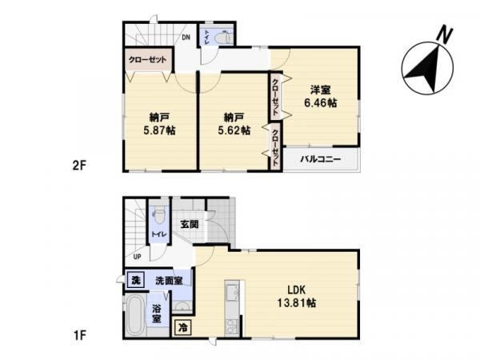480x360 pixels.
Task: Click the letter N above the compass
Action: click(444, 34)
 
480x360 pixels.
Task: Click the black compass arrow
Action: click(424, 69)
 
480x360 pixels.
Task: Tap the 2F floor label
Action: click(79, 166)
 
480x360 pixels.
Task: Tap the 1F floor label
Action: click(79, 335)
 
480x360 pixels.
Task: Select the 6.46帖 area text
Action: click(320, 103)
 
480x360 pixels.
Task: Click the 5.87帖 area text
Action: click(159, 130)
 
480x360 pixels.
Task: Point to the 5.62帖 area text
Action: click(234, 130)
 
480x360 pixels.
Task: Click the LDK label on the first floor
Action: click(296, 290)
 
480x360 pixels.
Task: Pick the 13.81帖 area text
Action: click(297, 303)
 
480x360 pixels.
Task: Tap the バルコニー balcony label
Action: click(320, 159)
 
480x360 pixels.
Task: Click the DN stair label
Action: click(186, 38)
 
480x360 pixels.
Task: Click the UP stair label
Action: click(137, 257)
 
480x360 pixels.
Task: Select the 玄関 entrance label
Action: click(190, 224)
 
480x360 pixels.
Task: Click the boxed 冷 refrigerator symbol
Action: click(182, 327)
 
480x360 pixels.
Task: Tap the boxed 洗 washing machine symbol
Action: click(136, 280)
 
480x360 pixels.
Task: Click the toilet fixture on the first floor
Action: click(158, 217)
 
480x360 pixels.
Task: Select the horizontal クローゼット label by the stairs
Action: click(147, 60)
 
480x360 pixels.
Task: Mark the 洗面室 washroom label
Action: click(169, 281)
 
